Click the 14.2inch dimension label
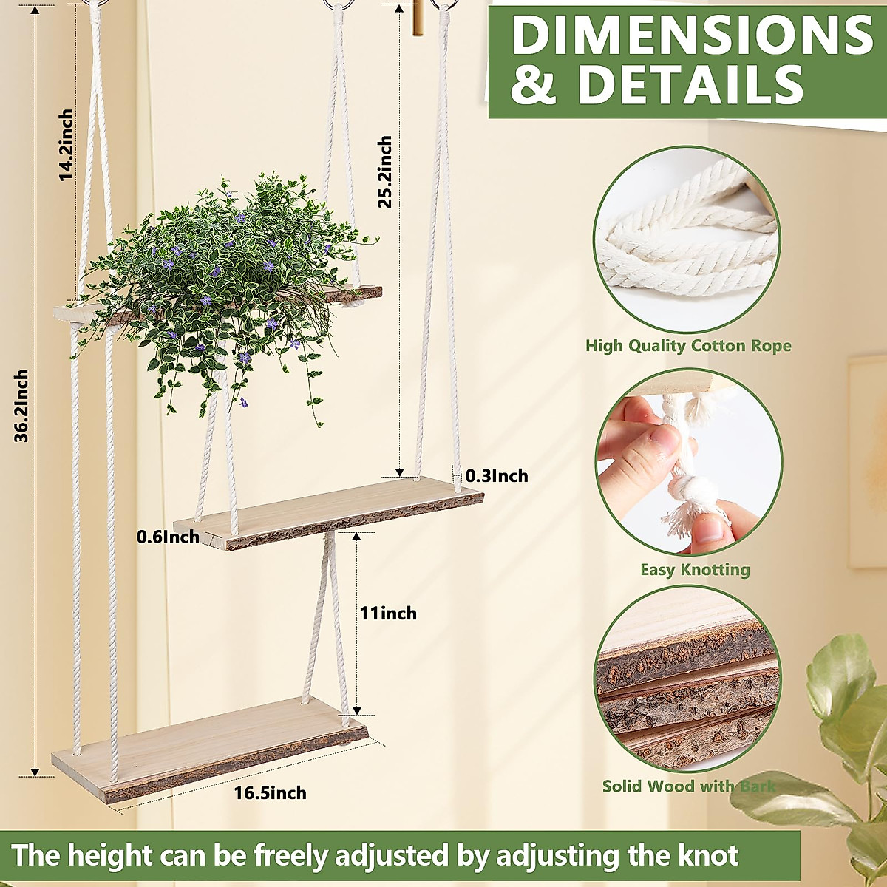tap(67, 146)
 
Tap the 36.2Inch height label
tap(22, 406)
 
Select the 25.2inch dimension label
tap(384, 172)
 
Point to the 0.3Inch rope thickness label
tap(497, 476)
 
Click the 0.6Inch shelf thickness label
tap(168, 537)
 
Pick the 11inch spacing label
tap(388, 614)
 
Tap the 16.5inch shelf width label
tap(270, 794)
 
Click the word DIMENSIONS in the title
tap(692, 35)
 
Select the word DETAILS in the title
tap(690, 84)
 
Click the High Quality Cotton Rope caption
tap(688, 346)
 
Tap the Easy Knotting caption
tap(695, 570)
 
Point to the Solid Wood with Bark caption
tap(689, 786)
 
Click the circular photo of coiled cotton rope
tap(687, 239)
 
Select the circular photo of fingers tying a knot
tap(688, 463)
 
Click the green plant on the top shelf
tap(222, 281)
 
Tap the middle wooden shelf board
tap(329, 510)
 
